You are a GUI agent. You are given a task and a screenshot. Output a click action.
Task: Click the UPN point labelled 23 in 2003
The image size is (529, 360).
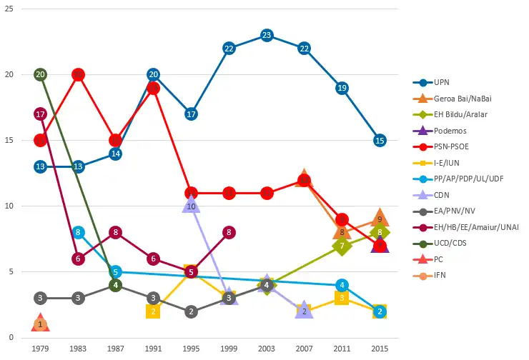tap(267, 36)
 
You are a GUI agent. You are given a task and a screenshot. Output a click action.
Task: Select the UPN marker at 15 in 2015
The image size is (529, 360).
tap(380, 141)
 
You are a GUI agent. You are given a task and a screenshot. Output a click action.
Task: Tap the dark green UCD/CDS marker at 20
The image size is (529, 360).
tap(40, 75)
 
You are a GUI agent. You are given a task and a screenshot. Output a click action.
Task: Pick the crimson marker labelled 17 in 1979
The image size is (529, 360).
tap(40, 114)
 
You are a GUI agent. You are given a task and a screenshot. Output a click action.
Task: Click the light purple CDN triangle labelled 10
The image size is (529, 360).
tap(191, 206)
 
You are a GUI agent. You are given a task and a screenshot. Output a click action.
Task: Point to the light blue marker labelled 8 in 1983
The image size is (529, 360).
tap(78, 232)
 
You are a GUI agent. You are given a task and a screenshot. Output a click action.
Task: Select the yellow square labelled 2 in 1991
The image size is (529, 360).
tap(153, 311)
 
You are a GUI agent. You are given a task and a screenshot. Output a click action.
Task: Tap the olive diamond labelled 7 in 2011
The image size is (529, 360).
tap(342, 246)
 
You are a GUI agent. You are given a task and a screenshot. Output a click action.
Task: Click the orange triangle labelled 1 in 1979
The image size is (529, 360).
tap(40, 324)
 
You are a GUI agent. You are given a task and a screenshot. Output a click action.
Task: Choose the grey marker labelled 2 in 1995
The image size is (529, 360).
tap(191, 311)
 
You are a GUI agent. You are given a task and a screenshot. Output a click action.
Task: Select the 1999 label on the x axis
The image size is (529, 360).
tap(229, 348)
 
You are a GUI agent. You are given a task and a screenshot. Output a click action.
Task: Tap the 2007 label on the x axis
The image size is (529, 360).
tap(304, 348)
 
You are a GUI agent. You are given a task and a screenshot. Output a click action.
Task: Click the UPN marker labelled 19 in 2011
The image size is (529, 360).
tap(342, 88)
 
